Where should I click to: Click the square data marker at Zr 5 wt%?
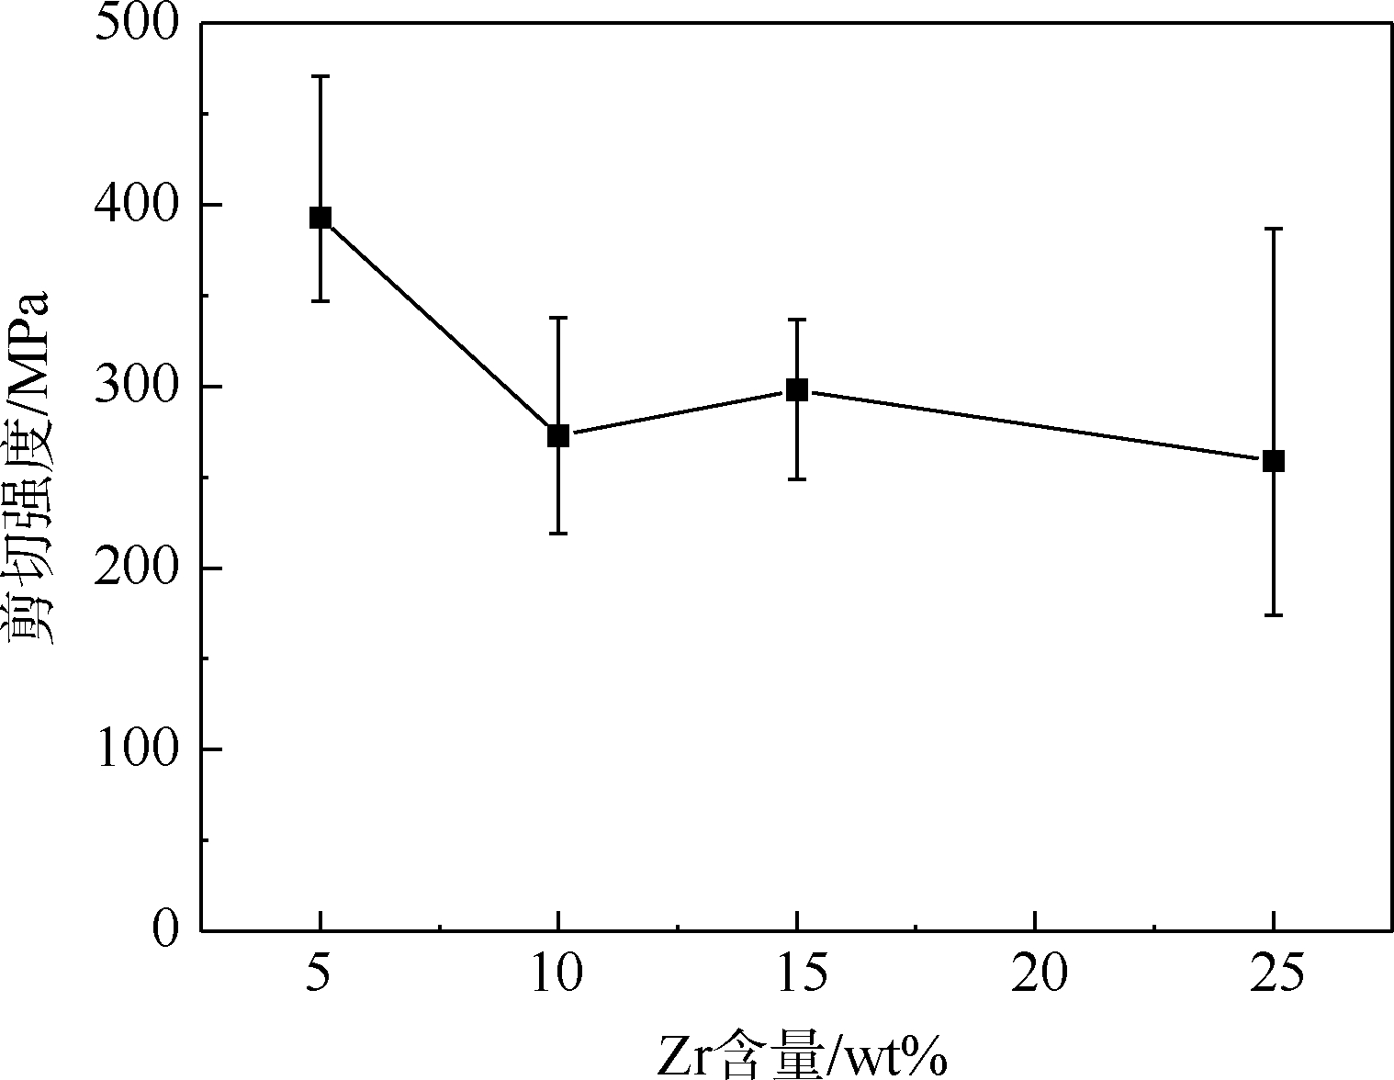pos(320,218)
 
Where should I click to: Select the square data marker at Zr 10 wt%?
pos(558,435)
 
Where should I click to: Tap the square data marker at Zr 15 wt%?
pos(797,389)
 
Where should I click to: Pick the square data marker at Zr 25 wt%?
pos(1274,461)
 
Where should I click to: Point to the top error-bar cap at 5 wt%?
pos(320,76)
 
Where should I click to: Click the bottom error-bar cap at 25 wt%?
pos(1274,615)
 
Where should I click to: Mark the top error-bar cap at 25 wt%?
pos(1274,229)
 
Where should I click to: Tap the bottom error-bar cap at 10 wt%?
pos(558,534)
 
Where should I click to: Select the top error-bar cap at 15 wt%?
pos(797,319)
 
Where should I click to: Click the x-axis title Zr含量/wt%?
pos(801,1056)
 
